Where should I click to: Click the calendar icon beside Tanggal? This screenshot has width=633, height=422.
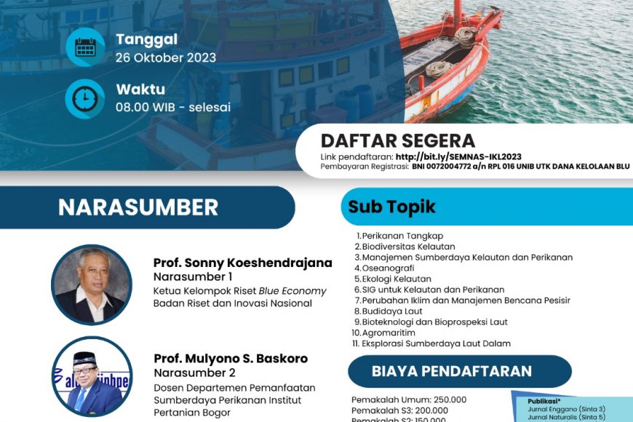[x=85, y=47]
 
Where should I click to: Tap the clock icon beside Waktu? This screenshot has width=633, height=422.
[x=85, y=98]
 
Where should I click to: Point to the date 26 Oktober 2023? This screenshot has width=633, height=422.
[x=166, y=58]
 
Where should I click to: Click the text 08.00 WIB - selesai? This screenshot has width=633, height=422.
[x=173, y=108]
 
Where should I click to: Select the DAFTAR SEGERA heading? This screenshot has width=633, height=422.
[x=398, y=141]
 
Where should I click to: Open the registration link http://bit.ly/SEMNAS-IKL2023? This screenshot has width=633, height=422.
[x=458, y=156]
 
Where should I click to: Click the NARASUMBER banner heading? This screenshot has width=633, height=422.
[x=138, y=207]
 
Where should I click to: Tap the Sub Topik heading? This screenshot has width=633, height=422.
[x=391, y=207]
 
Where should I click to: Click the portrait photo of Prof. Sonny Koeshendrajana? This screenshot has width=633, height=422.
[x=92, y=284]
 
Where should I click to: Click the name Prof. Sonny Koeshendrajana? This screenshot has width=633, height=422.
[x=242, y=263]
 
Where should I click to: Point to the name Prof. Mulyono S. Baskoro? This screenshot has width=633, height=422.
[x=231, y=359]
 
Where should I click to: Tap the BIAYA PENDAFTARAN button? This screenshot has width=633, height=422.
[x=452, y=371]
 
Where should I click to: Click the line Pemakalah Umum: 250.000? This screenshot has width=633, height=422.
[x=409, y=399]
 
